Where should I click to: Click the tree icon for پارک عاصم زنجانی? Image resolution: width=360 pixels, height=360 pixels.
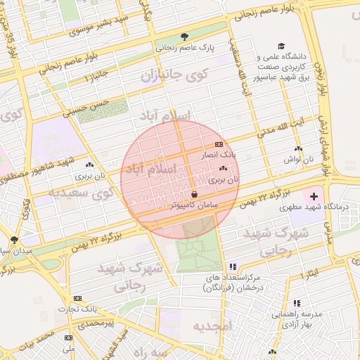[x=185, y=37]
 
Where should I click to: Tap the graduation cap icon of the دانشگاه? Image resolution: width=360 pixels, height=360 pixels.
[x=281, y=46]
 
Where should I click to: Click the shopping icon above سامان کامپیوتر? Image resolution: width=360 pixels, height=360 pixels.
[x=194, y=194]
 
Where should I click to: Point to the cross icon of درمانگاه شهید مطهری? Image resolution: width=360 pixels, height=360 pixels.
[x=314, y=195]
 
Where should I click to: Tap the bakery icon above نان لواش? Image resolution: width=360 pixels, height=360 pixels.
[x=299, y=149]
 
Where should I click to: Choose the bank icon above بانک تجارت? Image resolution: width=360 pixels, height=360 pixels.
[x=77, y=298]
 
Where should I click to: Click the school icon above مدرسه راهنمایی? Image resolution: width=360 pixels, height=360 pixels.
[x=296, y=302]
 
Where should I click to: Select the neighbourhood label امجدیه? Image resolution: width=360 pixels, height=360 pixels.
[x=212, y=326]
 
